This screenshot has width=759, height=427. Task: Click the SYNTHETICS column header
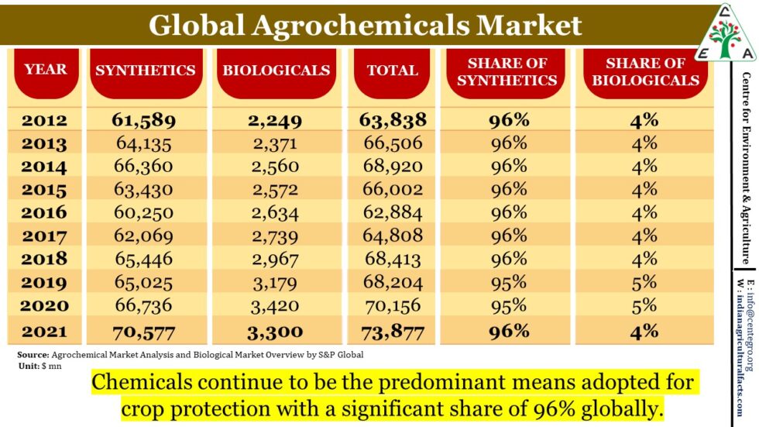pos(145,71)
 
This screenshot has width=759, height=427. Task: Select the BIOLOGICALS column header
pos(276,71)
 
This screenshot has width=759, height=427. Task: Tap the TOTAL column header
pos(392,71)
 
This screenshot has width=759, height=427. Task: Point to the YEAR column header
pos(46,70)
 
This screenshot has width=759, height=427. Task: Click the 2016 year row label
pos(44,212)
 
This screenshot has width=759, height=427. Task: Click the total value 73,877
pos(393,332)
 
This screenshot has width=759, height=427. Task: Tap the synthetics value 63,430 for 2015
pos(143,190)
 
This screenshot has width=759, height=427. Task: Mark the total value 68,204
pos(393,282)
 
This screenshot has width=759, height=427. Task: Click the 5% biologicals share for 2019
pos(644,282)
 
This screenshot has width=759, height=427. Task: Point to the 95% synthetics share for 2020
pos(508,305)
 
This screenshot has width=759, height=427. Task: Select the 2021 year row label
pos(44,332)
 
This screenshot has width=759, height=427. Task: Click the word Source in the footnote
pos(32,354)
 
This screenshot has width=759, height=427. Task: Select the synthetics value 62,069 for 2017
pos(143,236)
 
